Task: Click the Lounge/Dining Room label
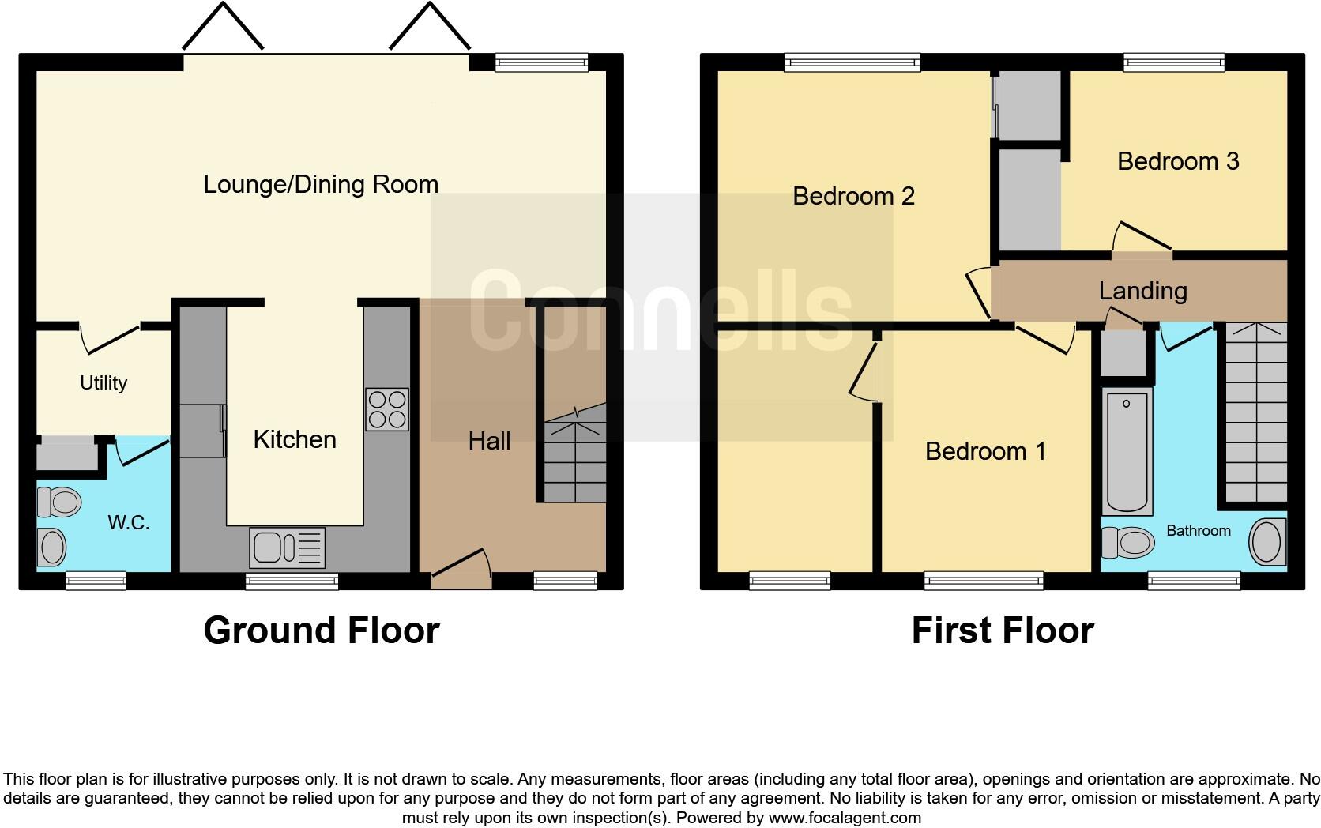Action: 321,184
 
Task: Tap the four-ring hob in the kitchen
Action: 387,408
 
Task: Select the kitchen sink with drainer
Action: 287,548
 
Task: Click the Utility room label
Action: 103,383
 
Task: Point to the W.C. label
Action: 129,522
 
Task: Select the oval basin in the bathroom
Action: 1267,542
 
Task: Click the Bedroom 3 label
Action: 1178,161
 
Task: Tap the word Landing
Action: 1142,291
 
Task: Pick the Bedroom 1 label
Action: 985,451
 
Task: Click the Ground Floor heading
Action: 321,630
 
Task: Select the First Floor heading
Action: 1003,630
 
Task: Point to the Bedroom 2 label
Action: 853,195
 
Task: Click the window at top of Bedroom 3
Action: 1174,62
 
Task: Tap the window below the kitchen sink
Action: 292,581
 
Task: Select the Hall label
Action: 489,441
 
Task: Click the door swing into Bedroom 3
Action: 1140,237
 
